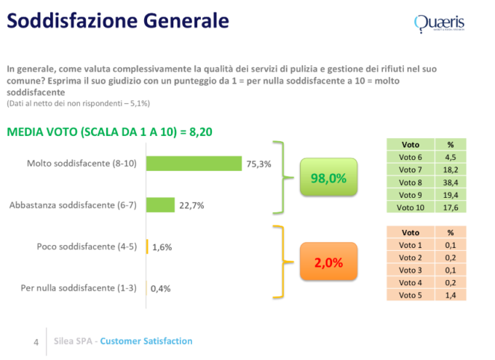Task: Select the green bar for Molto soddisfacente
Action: coord(194,163)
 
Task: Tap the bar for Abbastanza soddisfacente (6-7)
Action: coord(161,205)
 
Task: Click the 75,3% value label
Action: coord(258,164)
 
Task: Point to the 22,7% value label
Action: coord(191,206)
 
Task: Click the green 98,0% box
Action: coord(329,178)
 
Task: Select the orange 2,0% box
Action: coord(328,262)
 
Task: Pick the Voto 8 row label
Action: coord(410,182)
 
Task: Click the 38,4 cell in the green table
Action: coord(450,182)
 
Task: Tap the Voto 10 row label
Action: coord(410,207)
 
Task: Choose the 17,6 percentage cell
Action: coord(450,207)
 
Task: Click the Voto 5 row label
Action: coord(410,295)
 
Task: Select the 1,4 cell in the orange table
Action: coord(450,295)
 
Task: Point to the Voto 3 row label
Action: coord(410,270)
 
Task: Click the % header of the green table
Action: coord(450,144)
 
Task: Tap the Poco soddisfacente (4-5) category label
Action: coord(86,247)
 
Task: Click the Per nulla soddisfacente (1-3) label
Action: coord(79,288)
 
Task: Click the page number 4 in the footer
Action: coord(36,342)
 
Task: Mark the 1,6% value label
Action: coord(162,247)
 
